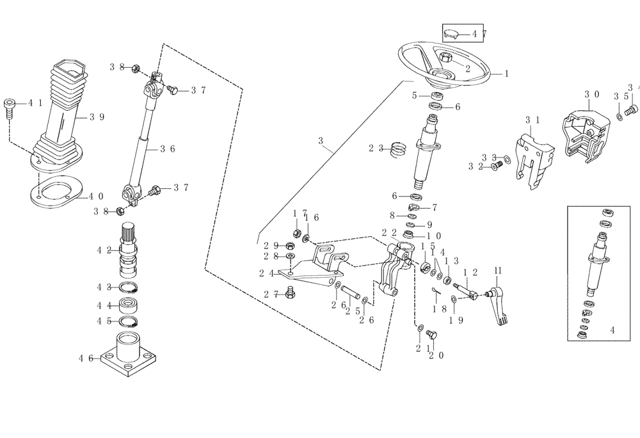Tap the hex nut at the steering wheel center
click(x=447, y=60)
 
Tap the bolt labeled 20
click(x=431, y=334)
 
